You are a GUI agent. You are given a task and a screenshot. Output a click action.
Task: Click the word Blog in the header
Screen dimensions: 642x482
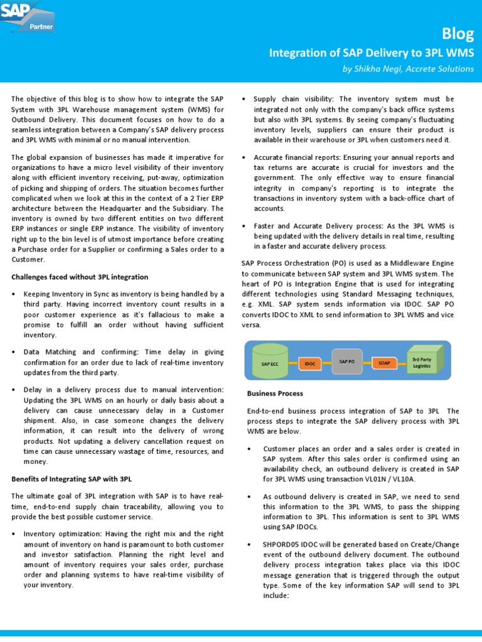pos(457,33)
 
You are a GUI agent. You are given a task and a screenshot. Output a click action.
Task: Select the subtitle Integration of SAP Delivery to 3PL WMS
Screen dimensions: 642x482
pos(372,53)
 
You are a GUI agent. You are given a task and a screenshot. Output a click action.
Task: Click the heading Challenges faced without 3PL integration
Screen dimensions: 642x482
pos(80,276)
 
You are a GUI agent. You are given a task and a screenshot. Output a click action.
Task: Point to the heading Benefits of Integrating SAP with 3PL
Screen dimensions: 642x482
pos(72,478)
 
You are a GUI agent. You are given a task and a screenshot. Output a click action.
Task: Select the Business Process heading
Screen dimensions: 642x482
pos(275,393)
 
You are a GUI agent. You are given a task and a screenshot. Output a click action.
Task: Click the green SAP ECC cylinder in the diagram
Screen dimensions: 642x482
pos(269,363)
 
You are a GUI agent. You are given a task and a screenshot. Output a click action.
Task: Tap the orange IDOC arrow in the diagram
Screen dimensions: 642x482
pos(311,363)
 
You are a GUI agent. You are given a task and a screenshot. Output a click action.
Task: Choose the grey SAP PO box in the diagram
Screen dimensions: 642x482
pos(347,362)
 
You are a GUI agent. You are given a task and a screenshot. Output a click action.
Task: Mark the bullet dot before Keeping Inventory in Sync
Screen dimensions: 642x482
pos(14,294)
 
